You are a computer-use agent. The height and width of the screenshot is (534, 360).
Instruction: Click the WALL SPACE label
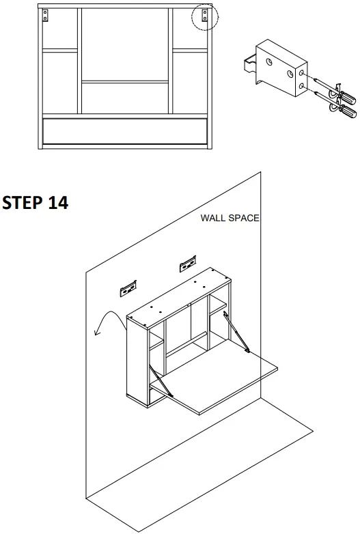pyautogui.click(x=230, y=219)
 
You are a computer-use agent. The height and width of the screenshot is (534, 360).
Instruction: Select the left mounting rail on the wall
pyautogui.click(x=129, y=289)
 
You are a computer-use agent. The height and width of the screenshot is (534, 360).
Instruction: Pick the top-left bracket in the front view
pyautogui.click(x=46, y=14)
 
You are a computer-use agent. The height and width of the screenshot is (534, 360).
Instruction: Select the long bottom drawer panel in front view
pyautogui.click(x=124, y=130)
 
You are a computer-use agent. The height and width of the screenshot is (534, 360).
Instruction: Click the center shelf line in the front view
pyautogui.click(x=124, y=82)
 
